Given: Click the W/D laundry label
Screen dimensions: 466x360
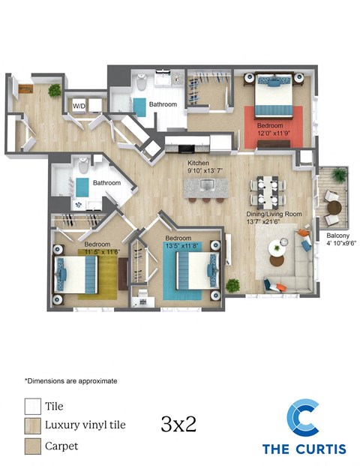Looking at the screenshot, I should pos(79,106).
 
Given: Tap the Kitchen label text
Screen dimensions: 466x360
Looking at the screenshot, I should pos(198,163).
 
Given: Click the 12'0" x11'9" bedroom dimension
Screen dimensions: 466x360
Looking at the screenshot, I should pos(270,133).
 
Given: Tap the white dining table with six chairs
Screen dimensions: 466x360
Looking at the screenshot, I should pos(266,191).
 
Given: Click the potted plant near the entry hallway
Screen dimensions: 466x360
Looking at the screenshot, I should pos(54,90).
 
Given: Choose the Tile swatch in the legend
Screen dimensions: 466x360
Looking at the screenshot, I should pos(32,407).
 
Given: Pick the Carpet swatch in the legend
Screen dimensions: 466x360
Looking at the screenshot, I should pos(32,446).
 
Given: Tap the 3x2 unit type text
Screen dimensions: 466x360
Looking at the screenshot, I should pos(178,424).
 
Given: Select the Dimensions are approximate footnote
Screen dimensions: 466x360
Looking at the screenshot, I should pos(70,381).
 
